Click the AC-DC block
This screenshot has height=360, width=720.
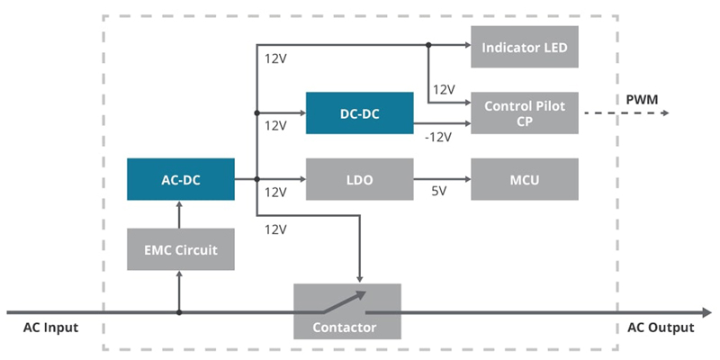tap(181, 179)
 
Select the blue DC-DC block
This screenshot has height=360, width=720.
tap(359, 113)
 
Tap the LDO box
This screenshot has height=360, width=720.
tap(359, 179)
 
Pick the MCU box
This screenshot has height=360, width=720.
tap(525, 179)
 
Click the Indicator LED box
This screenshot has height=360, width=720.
tap(525, 47)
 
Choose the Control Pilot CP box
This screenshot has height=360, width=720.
tap(525, 113)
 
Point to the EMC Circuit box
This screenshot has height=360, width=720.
tap(181, 249)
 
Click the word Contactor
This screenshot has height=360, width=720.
tap(345, 328)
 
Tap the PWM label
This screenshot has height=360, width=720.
tap(642, 99)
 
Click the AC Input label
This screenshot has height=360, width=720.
tap(51, 328)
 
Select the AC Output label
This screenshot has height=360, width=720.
tap(661, 328)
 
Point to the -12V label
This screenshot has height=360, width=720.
tap(438, 137)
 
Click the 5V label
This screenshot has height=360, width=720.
tap(438, 191)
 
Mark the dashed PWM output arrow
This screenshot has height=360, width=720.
tap(626, 113)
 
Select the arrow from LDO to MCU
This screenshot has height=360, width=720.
tap(442, 179)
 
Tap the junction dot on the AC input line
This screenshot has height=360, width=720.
tap(179, 312)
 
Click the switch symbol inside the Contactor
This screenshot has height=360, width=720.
tap(345, 302)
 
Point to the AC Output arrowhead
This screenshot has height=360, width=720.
tap(706, 312)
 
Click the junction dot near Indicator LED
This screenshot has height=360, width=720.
tap(428, 45)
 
